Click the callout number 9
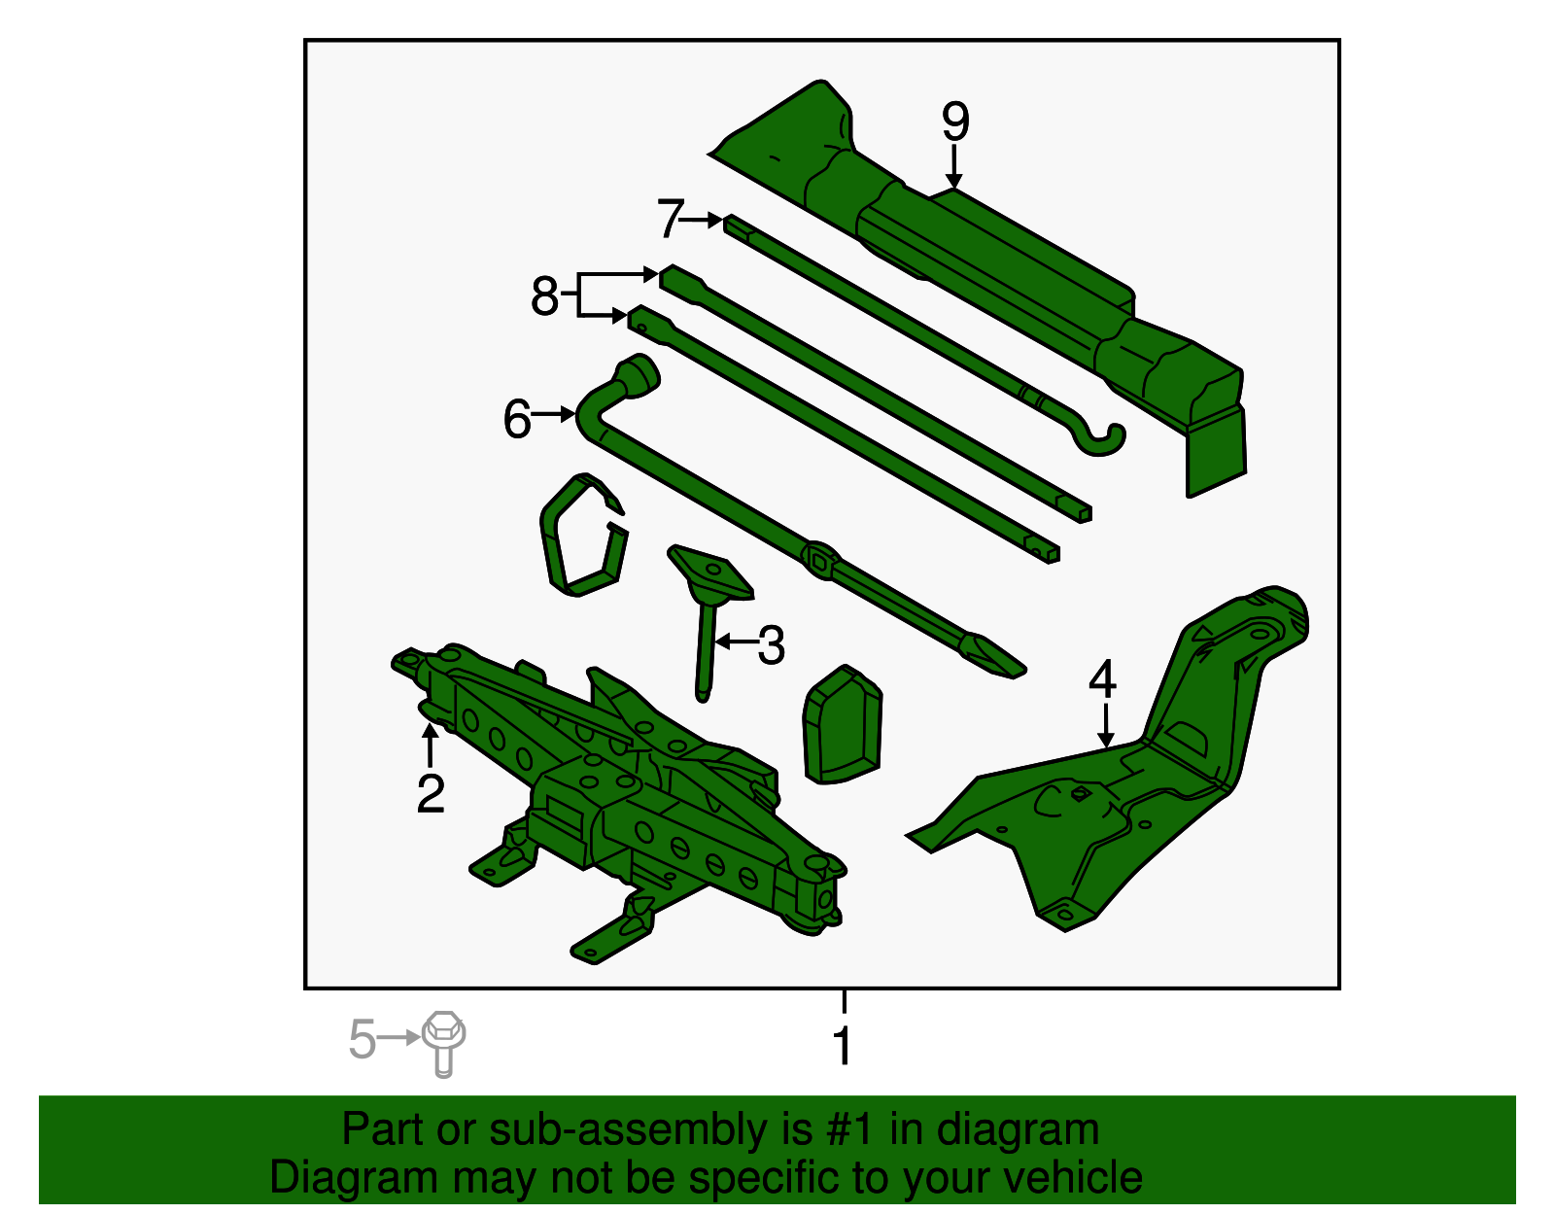pyautogui.click(x=955, y=122)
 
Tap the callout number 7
pyautogui.click(x=671, y=219)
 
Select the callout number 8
pyautogui.click(x=544, y=295)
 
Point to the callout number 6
pyautogui.click(x=517, y=419)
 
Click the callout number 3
pyautogui.click(x=771, y=645)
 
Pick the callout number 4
pyautogui.click(x=1102, y=679)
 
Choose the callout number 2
pyautogui.click(x=431, y=793)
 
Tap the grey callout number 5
pyautogui.click(x=362, y=1039)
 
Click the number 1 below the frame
pyautogui.click(x=843, y=1047)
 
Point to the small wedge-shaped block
pyautogui.click(x=842, y=725)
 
